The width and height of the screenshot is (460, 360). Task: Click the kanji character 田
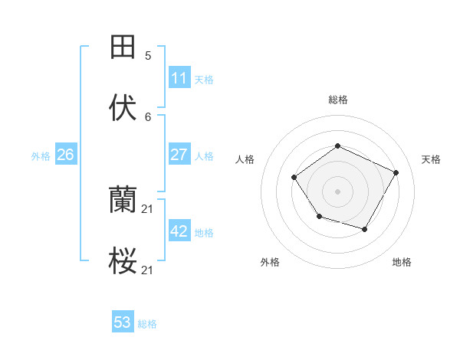point(123,47)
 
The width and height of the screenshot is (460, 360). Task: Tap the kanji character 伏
point(123,108)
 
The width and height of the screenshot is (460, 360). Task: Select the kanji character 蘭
point(123,201)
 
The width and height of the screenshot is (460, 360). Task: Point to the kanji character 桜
point(123,262)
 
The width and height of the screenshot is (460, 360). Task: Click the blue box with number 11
point(179,78)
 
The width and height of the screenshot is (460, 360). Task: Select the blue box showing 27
point(179,155)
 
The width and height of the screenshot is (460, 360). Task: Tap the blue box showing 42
point(179,231)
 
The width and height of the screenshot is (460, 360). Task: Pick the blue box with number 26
point(65,155)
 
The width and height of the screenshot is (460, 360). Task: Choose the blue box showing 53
point(123,322)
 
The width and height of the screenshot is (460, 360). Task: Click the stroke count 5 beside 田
point(148,55)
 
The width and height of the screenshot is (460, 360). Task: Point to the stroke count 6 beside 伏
point(148,116)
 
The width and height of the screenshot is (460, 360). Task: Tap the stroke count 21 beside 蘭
point(148,209)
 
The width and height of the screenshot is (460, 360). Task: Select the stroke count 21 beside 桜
point(148,270)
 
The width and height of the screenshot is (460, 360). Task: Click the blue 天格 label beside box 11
point(204,79)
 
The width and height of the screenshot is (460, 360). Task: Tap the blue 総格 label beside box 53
point(147,324)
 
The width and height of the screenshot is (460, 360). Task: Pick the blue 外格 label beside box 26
point(41,155)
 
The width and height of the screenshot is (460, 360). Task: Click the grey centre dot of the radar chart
point(337,191)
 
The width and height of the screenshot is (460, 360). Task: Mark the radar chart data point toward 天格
point(396,172)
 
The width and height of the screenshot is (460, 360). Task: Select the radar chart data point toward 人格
point(294,178)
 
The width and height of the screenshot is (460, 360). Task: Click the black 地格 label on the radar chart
point(402,263)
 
